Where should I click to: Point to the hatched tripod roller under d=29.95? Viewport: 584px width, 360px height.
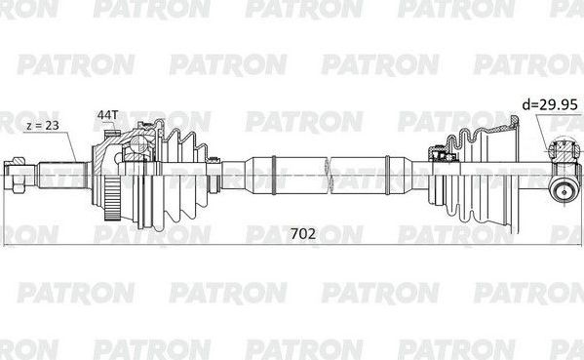coord(564,151)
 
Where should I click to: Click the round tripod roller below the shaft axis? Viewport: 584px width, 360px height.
coord(563,190)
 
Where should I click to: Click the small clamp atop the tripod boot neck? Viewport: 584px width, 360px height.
coord(440,152)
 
